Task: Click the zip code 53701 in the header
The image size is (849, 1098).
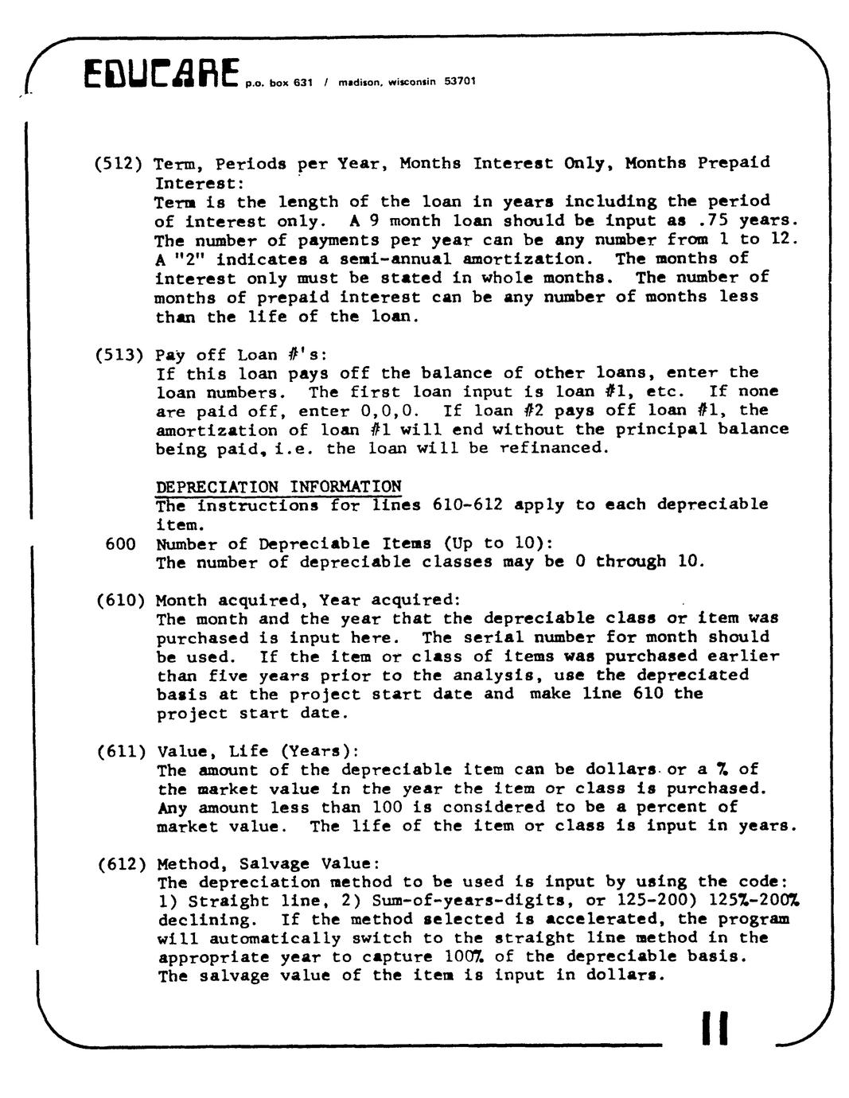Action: pyautogui.click(x=460, y=81)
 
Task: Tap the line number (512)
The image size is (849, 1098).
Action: pyautogui.click(x=119, y=164)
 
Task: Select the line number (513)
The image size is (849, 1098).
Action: pyautogui.click(x=119, y=355)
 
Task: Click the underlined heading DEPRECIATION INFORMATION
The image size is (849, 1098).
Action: pyautogui.click(x=278, y=486)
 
